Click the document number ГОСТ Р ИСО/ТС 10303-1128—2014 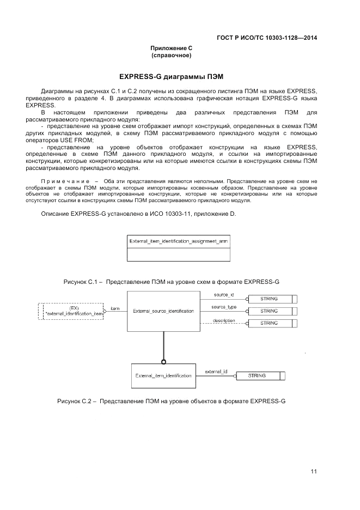pos(267,38)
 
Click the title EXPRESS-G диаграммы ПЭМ pos(172,75)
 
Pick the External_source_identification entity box pos(163,311)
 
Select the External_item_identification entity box pos(163,375)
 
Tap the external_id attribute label pos(216,372)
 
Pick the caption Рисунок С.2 pos(77,401)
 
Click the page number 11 pos(314,471)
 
